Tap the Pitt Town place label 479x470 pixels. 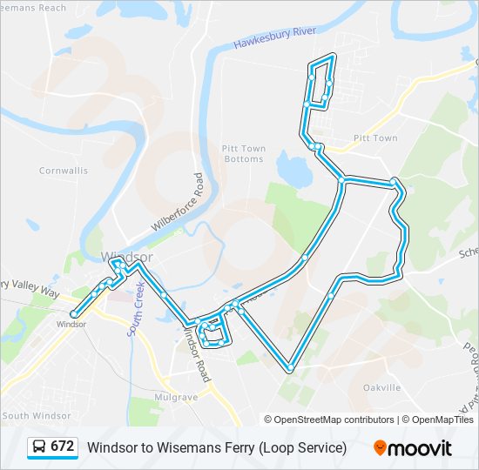click(x=375, y=138)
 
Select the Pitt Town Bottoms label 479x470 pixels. click(x=244, y=154)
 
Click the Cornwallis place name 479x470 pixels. click(x=64, y=171)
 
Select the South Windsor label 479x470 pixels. click(x=34, y=416)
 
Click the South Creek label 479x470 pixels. click(x=137, y=309)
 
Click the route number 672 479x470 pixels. click(x=62, y=446)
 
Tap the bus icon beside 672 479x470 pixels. click(x=39, y=447)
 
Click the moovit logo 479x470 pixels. click(x=413, y=448)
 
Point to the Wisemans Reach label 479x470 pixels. click(x=33, y=7)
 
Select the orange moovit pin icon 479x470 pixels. click(x=381, y=448)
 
